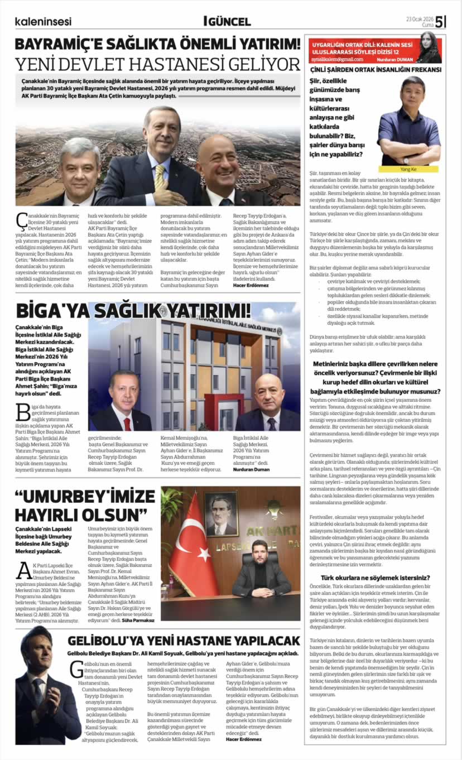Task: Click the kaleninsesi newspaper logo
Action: (x=43, y=22)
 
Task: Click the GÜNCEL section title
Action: (x=228, y=22)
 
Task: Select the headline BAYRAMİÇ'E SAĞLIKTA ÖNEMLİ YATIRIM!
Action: (x=157, y=44)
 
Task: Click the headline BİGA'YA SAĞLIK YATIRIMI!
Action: (x=133, y=311)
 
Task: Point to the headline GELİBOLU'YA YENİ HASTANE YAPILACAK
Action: (x=184, y=641)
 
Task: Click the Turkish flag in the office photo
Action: (x=186, y=551)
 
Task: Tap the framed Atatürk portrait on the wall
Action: (x=222, y=513)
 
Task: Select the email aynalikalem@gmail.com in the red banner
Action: (x=338, y=59)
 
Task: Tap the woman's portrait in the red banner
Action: (x=429, y=47)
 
